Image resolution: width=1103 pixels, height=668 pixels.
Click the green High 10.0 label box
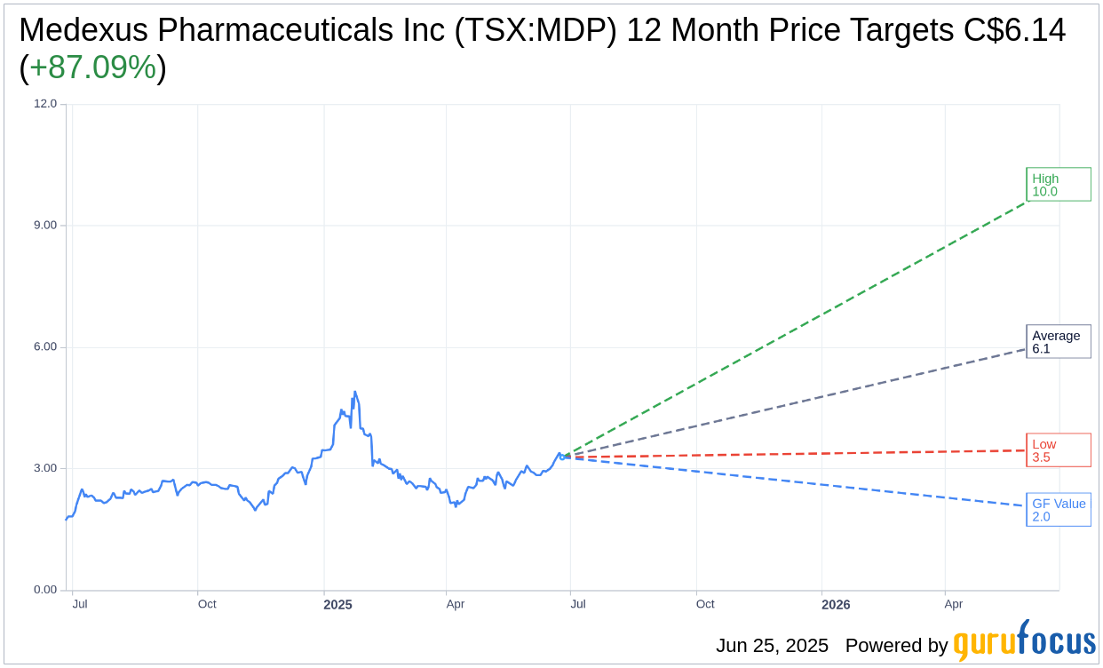1058,184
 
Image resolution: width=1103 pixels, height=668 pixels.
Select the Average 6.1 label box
1058,341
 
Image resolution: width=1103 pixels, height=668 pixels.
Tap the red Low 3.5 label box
1058,450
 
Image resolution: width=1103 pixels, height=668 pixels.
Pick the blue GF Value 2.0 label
1058,510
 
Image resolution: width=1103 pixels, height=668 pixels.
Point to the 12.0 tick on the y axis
45,103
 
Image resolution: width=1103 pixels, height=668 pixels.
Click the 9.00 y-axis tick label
45,225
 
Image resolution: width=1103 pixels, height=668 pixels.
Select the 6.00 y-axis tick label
45,346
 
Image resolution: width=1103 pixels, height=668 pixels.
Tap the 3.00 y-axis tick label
45,468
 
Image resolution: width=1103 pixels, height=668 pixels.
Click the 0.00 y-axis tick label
45,589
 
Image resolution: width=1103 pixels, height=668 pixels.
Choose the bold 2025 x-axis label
337,604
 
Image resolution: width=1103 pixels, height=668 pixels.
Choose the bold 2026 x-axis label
836,604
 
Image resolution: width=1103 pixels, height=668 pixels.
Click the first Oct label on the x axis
207,604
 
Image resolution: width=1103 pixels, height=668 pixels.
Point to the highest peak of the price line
355,392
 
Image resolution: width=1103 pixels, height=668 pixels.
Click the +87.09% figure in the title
92,68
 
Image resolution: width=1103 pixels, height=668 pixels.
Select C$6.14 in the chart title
1014,30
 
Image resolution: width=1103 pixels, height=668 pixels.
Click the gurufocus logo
1024,641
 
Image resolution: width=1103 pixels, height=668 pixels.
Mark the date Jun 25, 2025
772,646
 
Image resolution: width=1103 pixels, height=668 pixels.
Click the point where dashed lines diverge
563,457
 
